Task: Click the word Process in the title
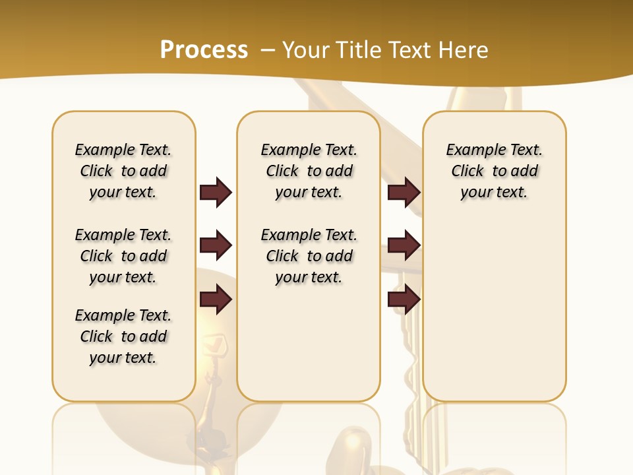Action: [204, 50]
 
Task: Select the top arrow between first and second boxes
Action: [216, 193]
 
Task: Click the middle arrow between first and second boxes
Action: [216, 246]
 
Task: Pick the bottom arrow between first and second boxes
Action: [216, 300]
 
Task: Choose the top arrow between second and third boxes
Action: [404, 193]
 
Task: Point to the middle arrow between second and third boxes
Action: [404, 246]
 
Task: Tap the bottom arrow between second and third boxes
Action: [404, 300]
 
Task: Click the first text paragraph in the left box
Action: [123, 171]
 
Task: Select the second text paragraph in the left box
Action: [123, 256]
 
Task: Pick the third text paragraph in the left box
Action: [123, 336]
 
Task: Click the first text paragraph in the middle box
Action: [309, 171]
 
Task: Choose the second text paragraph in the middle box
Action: [309, 256]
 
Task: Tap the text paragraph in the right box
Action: [495, 171]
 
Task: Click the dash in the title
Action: [268, 50]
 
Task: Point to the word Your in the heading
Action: [305, 50]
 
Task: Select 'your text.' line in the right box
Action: [495, 193]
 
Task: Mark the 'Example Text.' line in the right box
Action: [495, 150]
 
